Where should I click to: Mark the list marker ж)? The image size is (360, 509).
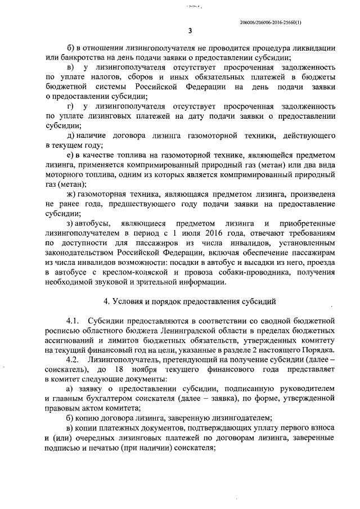click(x=72, y=192)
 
